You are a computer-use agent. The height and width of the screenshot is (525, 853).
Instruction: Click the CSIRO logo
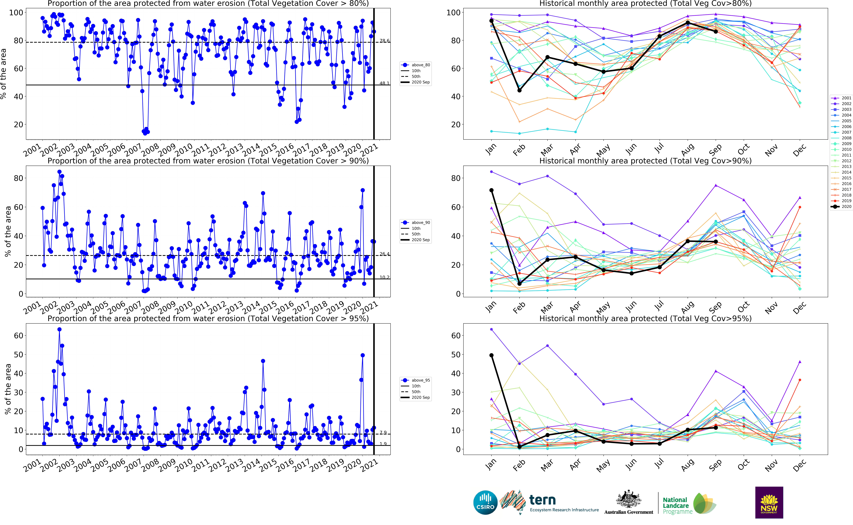pos(485,502)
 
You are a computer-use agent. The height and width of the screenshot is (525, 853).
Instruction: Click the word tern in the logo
pos(542,500)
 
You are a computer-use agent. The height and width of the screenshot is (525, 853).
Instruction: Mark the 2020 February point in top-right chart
pos(519,90)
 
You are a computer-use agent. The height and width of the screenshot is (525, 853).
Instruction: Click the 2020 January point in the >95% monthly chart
pos(491,355)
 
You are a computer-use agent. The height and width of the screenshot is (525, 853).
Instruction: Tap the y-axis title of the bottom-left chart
pos(8,389)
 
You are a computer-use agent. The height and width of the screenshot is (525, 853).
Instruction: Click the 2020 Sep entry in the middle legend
pos(421,240)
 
